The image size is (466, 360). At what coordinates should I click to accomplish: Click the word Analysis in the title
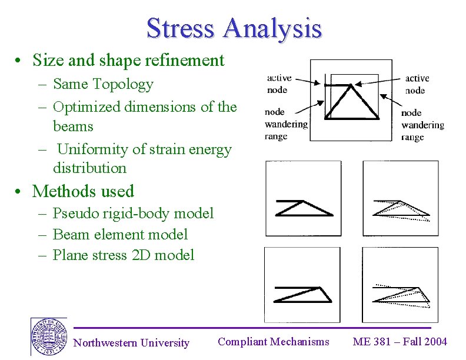pos(272,28)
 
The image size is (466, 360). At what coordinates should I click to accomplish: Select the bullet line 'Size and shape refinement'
pos(128,60)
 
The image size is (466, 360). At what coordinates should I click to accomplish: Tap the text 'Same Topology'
pos(103,84)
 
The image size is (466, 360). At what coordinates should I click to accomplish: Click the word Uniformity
pos(94,149)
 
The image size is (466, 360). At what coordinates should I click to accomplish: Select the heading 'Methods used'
pos(83,191)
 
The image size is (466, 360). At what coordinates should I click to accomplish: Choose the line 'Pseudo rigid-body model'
pos(133,213)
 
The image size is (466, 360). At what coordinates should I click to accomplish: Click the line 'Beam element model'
pos(120,234)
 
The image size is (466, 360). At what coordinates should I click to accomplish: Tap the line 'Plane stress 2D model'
pos(123,255)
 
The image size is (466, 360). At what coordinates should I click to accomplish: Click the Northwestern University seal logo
pos(48,337)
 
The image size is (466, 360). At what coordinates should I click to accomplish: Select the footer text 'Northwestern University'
pos(131,343)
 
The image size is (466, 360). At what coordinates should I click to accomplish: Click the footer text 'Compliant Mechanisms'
pos(274,341)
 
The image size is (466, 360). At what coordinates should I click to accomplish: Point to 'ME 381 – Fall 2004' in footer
pos(400,341)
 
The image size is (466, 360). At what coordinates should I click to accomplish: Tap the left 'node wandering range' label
pos(285,124)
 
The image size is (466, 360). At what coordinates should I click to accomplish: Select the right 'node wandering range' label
pos(422,125)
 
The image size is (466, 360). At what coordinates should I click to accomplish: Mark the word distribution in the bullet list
pos(89,168)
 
